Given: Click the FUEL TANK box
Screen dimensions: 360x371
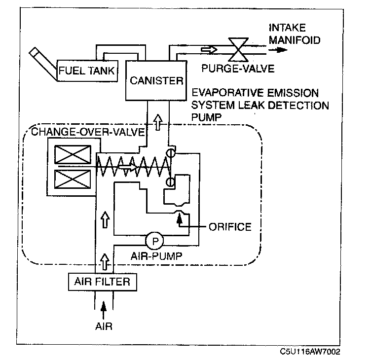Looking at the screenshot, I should click(87, 71).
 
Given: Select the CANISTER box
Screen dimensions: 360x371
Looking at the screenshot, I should click(156, 80).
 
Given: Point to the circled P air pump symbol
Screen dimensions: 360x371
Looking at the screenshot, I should click(155, 241).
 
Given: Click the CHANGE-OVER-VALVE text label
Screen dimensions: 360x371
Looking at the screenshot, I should click(87, 132).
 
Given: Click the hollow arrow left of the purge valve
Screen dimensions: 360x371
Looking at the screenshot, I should click(208, 50).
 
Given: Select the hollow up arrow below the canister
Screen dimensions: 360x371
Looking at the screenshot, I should click(157, 121).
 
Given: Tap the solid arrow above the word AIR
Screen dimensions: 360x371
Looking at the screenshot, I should click(103, 310).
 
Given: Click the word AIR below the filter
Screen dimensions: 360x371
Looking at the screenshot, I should click(104, 326).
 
